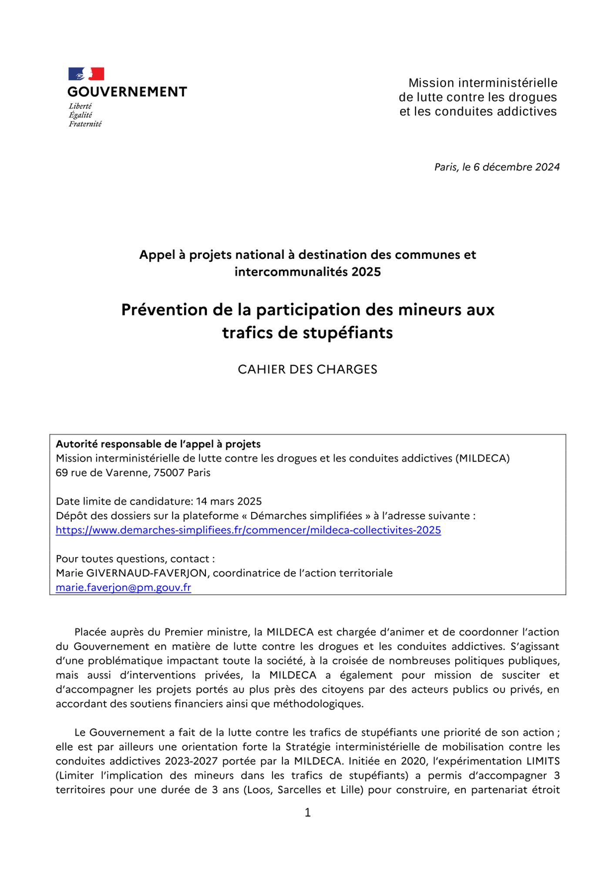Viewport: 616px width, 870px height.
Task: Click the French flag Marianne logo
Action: (86, 74)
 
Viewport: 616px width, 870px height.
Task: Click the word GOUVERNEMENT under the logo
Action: (127, 92)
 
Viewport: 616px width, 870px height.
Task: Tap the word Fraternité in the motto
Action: (85, 124)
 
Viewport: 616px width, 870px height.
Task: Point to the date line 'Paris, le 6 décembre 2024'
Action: (497, 167)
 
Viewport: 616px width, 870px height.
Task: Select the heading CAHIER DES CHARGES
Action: (307, 369)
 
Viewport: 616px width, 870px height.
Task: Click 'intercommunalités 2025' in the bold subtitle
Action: (307, 272)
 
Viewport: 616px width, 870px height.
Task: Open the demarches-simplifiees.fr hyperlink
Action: (248, 530)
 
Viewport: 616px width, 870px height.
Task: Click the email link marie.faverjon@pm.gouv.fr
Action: (123, 588)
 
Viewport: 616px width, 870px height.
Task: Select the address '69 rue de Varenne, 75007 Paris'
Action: (133, 473)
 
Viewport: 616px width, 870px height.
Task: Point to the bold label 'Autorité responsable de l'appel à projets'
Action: (158, 444)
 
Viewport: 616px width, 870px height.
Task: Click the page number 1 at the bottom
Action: (308, 813)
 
